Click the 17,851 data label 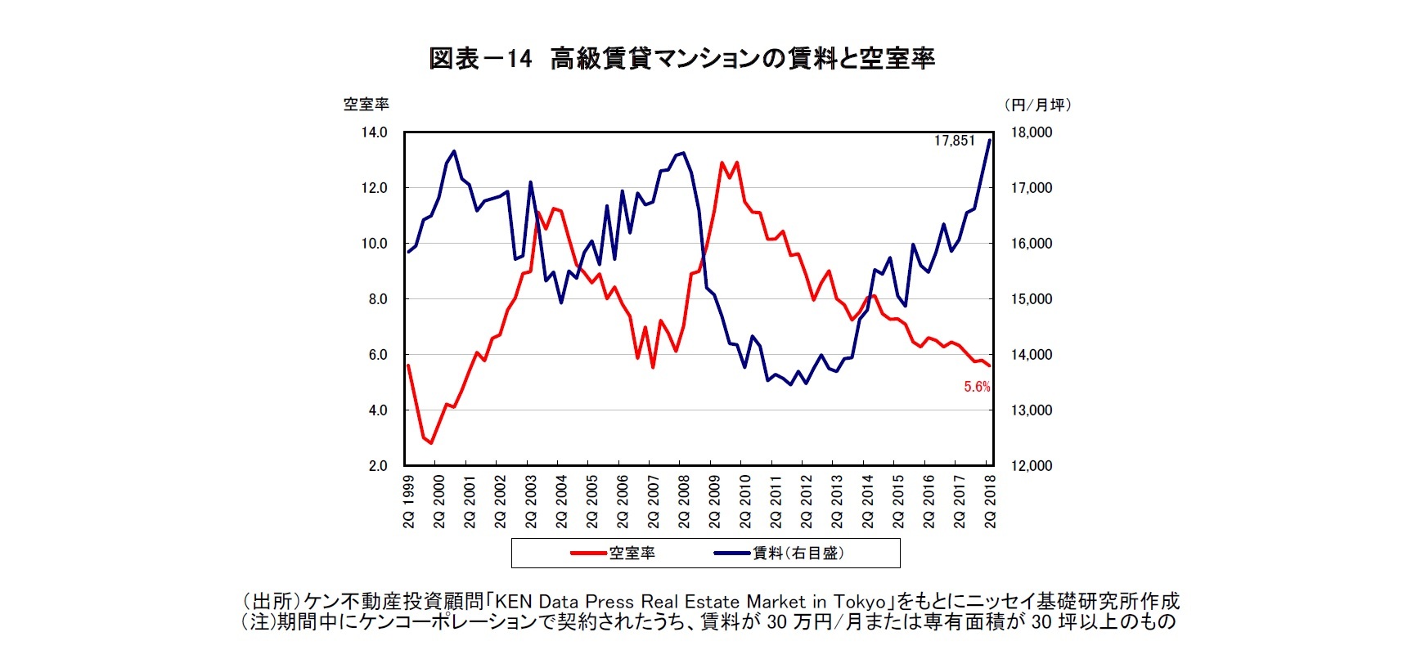tap(955, 141)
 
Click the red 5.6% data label tap(977, 387)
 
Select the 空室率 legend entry tap(632, 554)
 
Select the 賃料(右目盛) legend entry tap(798, 554)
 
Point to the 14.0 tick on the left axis tap(374, 132)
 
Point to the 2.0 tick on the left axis tap(377, 466)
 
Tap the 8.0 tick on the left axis tap(377, 299)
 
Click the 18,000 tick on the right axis tap(1032, 132)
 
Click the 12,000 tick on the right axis tap(1032, 466)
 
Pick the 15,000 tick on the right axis tap(1032, 299)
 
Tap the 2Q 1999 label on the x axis tap(408, 501)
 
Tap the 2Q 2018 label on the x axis tap(990, 501)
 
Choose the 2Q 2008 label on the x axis tap(684, 501)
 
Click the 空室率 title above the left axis tap(366, 105)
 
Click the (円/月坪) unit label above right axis tap(1037, 105)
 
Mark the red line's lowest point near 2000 tap(431, 443)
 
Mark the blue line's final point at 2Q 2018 tap(990, 140)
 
